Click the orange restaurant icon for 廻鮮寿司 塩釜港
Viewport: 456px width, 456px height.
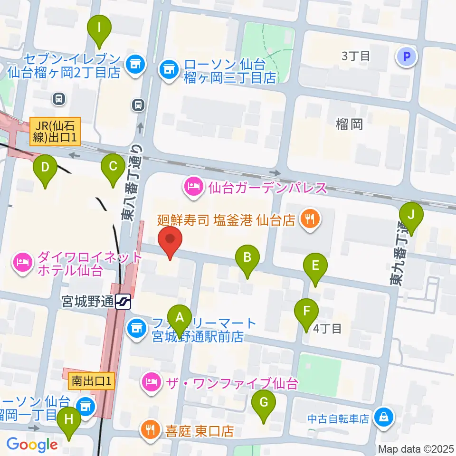click(311, 219)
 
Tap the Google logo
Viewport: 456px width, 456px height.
click(32, 445)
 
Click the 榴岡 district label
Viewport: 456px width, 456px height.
click(349, 124)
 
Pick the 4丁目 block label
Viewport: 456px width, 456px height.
click(328, 328)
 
